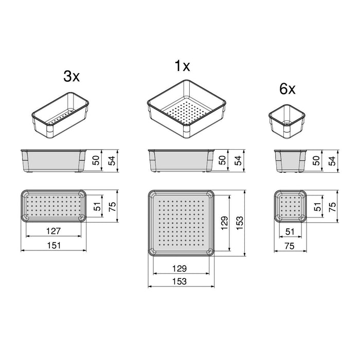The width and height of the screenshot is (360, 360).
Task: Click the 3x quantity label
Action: [71, 77]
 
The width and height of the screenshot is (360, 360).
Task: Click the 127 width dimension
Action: [53, 231]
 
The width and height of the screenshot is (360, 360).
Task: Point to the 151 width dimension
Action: [53, 246]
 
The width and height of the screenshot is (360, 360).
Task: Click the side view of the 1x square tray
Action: [180, 160]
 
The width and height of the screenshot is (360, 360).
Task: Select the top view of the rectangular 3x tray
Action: [53, 206]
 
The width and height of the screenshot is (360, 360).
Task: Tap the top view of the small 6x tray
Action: [291, 206]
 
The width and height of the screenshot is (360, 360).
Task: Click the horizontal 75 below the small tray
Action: [291, 246]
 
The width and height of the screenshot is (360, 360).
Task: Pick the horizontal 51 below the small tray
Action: [291, 231]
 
